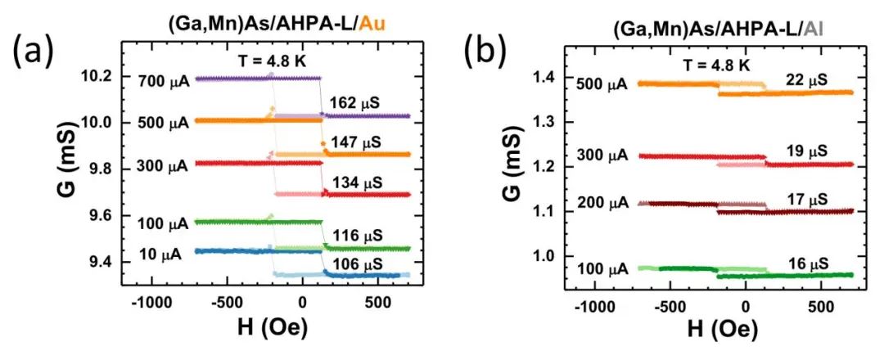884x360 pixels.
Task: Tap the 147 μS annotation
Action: point(357,142)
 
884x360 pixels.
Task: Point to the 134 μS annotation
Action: point(357,181)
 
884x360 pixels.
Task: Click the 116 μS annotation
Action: point(357,235)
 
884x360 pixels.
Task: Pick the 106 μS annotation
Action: point(357,263)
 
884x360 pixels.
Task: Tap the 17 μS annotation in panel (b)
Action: point(805,199)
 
